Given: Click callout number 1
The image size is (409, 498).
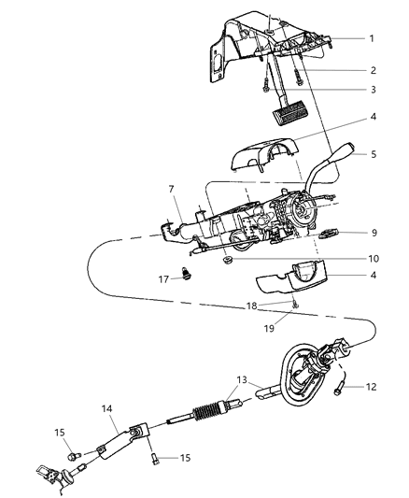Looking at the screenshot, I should click(x=371, y=38).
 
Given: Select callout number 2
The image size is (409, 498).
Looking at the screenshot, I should click(x=371, y=70).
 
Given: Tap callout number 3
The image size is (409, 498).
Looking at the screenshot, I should click(x=371, y=90).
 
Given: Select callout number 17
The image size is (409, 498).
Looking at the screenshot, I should click(x=163, y=277).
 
